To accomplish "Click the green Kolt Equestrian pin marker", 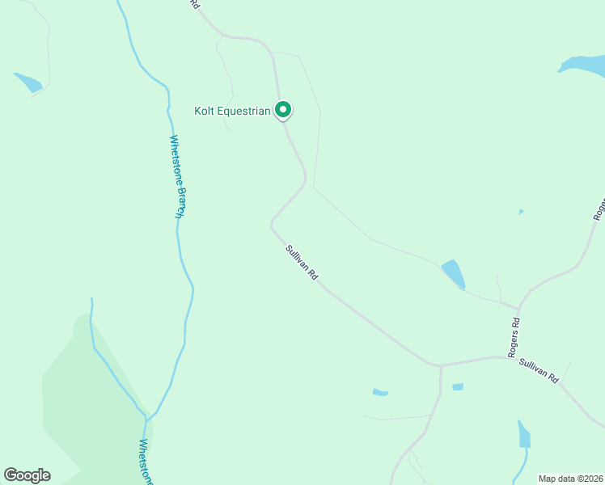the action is click(x=283, y=109).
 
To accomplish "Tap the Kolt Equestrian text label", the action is click(x=231, y=111).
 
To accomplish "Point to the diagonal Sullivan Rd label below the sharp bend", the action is click(x=302, y=264).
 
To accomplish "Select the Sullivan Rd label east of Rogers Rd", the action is click(x=539, y=370).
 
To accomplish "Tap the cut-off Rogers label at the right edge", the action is click(x=599, y=208).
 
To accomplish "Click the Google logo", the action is click(x=27, y=475).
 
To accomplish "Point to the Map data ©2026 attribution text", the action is click(x=571, y=478).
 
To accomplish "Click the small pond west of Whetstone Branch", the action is click(x=28, y=82).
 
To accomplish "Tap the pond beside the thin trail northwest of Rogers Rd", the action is click(x=453, y=274).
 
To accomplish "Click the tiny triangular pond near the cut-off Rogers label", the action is click(x=521, y=212).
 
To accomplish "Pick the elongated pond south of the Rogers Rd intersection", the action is click(x=524, y=435).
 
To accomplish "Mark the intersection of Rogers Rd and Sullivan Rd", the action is click(x=518, y=356).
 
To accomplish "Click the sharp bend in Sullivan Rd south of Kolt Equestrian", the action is click(x=272, y=224).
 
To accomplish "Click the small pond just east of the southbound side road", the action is click(x=458, y=387).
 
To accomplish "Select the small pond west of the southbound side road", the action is click(x=380, y=393).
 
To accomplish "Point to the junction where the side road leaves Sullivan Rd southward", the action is click(x=441, y=365).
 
